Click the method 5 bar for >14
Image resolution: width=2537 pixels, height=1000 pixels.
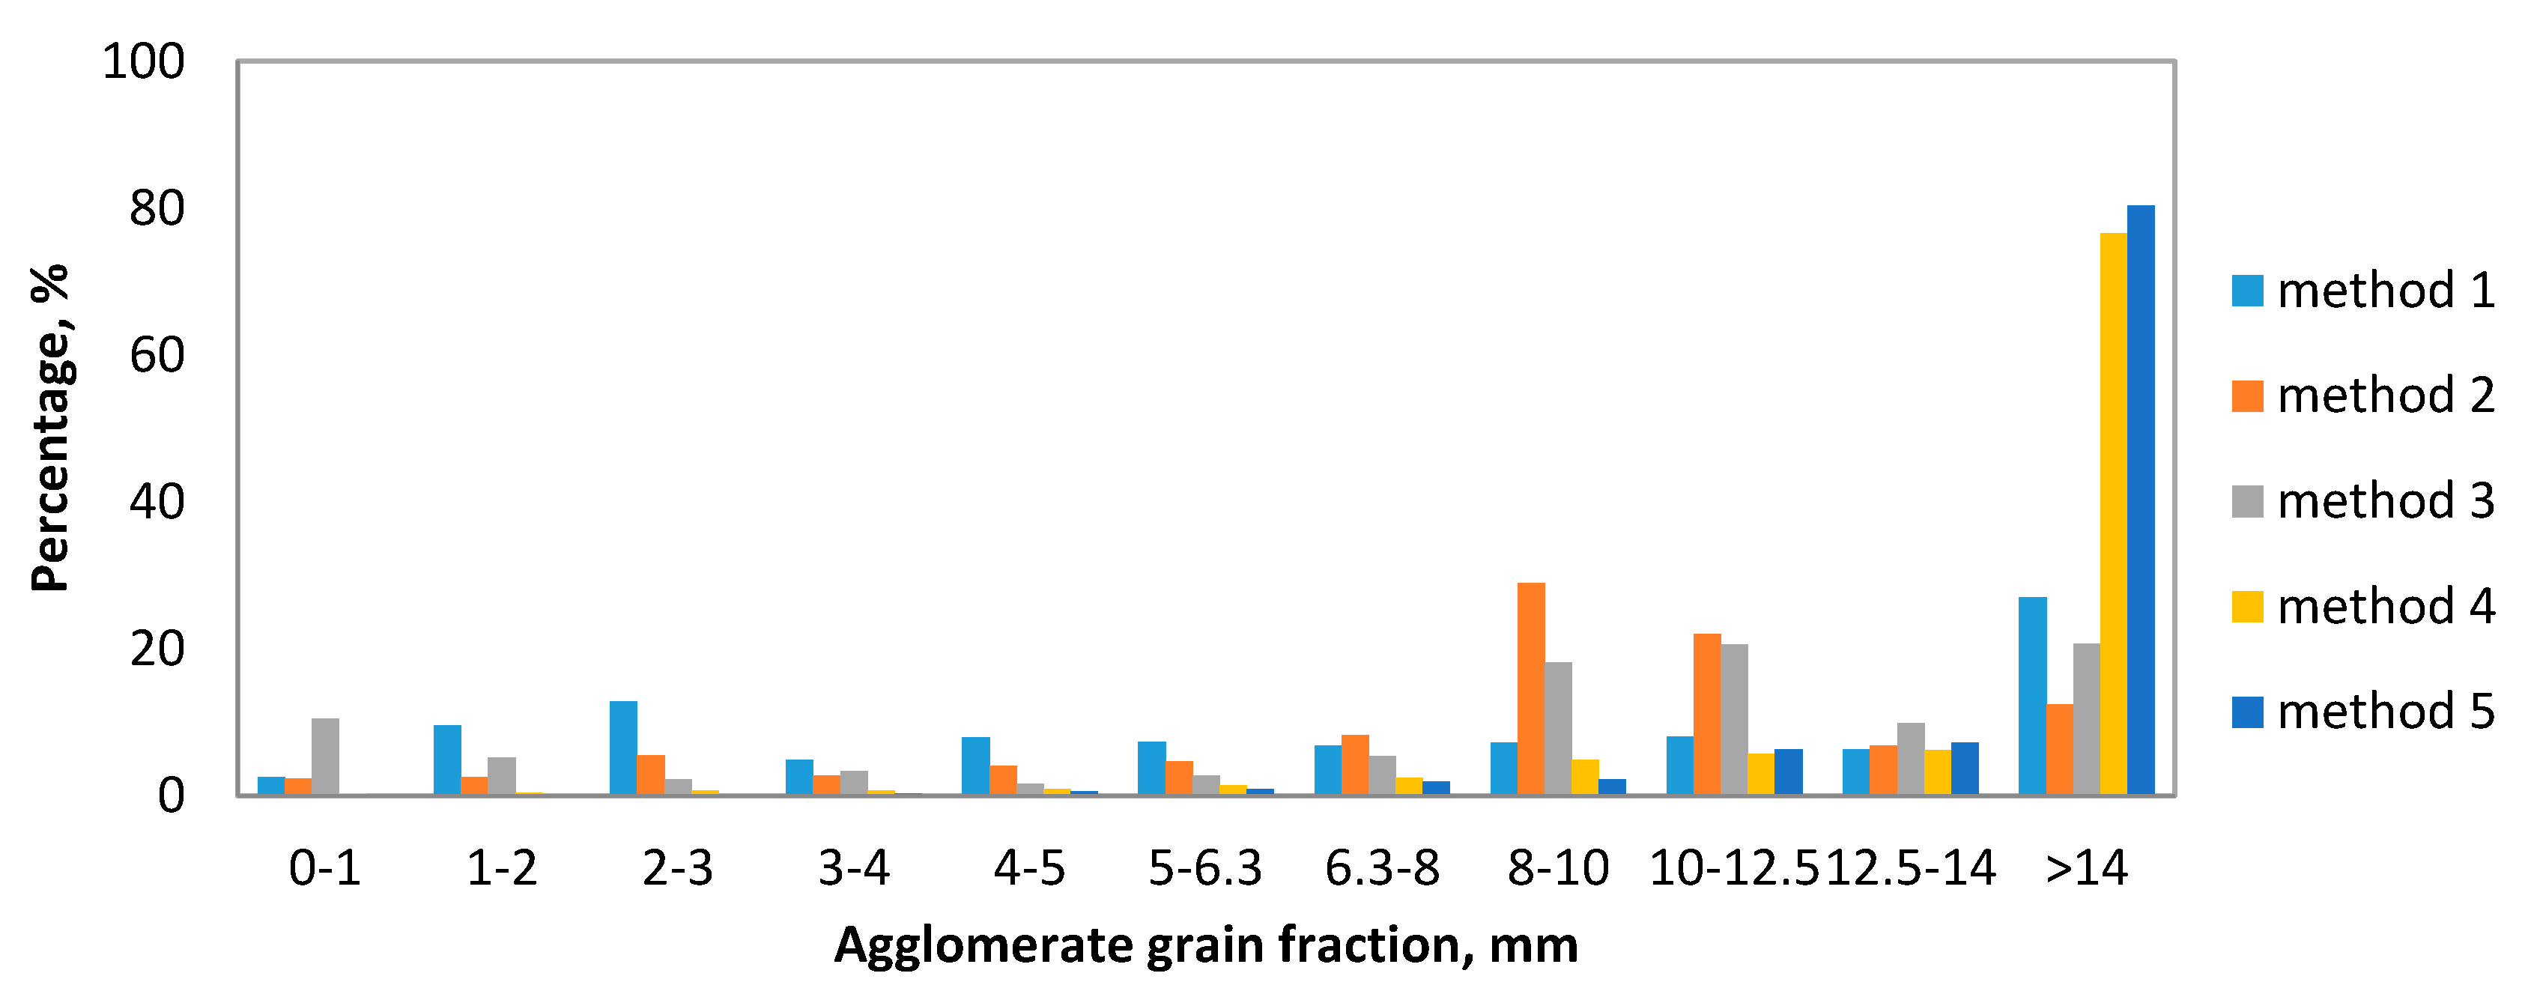(2140, 500)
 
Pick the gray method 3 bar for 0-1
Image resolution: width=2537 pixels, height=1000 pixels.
(325, 756)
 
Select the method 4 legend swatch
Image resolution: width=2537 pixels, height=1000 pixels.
(2246, 606)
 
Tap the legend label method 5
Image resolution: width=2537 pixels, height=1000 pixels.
(2386, 712)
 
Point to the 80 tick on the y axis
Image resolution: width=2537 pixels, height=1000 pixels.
(157, 209)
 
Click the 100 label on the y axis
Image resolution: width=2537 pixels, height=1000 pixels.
(144, 62)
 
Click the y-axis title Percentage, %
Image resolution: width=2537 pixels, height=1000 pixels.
(50, 428)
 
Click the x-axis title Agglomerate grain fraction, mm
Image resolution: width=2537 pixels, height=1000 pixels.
(1205, 945)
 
